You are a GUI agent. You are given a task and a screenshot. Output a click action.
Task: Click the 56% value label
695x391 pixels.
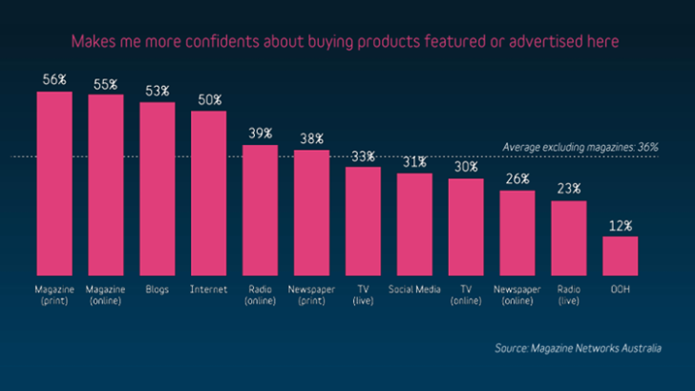[54, 79]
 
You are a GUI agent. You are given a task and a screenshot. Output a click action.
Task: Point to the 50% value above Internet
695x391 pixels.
[209, 99]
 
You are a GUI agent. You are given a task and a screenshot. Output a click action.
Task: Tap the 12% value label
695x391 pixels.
[620, 225]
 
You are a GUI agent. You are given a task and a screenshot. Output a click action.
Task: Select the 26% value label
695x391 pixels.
[517, 179]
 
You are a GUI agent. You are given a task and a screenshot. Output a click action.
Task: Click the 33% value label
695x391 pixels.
[363, 155]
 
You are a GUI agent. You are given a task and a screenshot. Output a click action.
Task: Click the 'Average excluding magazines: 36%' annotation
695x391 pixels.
[579, 147]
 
